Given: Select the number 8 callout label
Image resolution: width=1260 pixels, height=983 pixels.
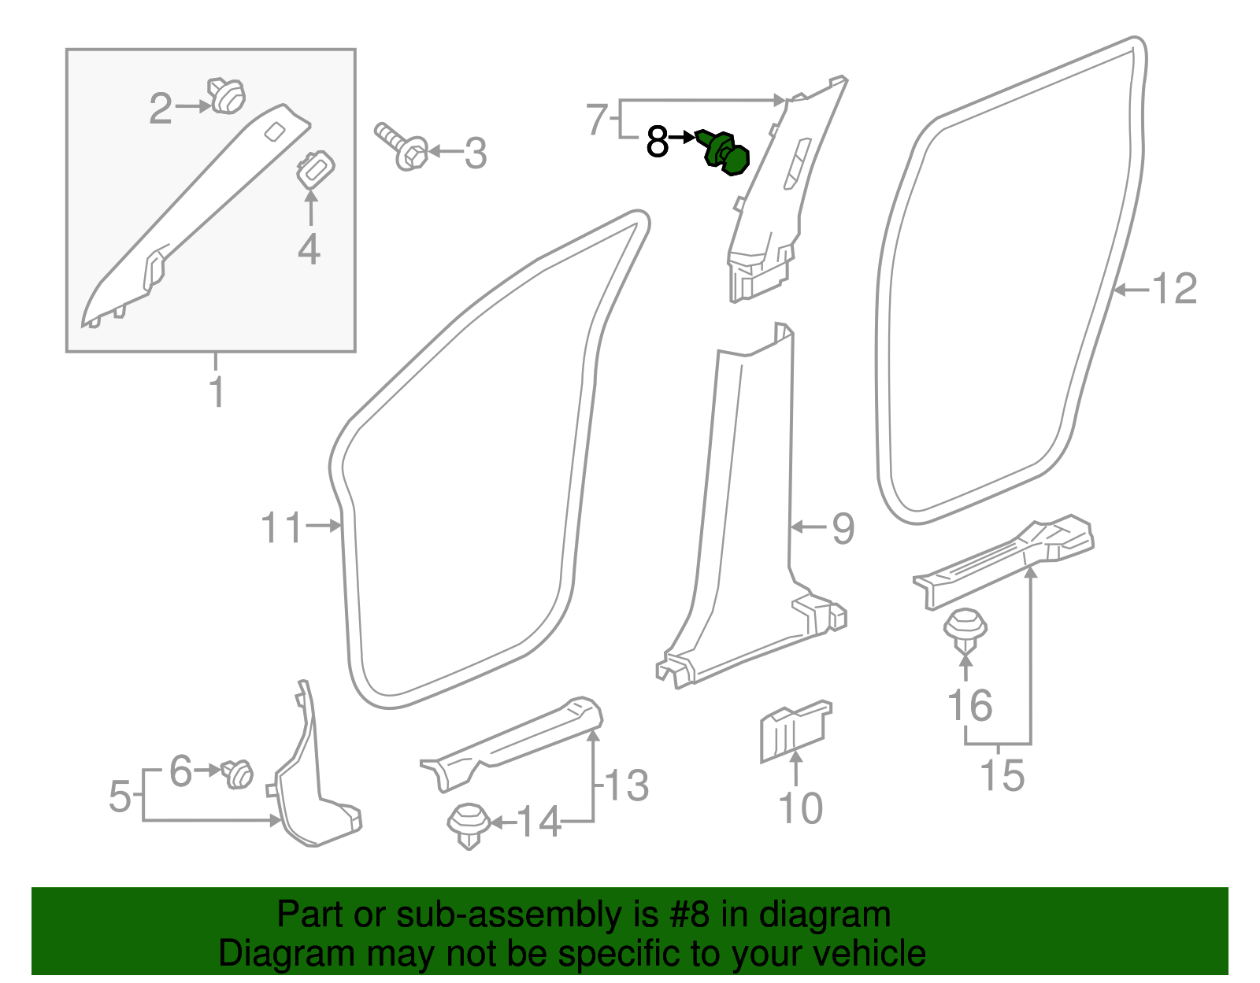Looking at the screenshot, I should pos(657,142).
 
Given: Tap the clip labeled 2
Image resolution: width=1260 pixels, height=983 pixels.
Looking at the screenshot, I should pos(227,96).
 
